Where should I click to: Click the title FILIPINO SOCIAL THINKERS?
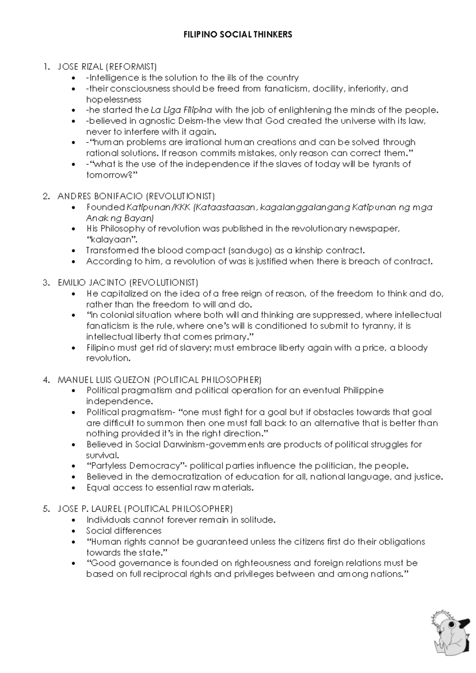pyautogui.click(x=238, y=35)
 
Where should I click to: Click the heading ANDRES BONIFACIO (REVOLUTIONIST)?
pyautogui.click(x=136, y=196)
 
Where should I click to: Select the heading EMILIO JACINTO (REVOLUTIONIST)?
pyautogui.click(x=128, y=283)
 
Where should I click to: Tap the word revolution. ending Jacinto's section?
pyautogui.click(x=108, y=358)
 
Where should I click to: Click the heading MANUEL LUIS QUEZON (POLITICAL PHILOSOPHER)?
pyautogui.click(x=159, y=379)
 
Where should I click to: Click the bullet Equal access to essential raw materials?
pyautogui.click(x=170, y=488)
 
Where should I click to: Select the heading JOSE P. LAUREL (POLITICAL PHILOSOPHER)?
pyautogui.click(x=145, y=509)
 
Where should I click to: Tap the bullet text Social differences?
pyautogui.click(x=124, y=531)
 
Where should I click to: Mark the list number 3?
pyautogui.click(x=46, y=283)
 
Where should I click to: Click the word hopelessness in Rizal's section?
pyautogui.click(x=113, y=99)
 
